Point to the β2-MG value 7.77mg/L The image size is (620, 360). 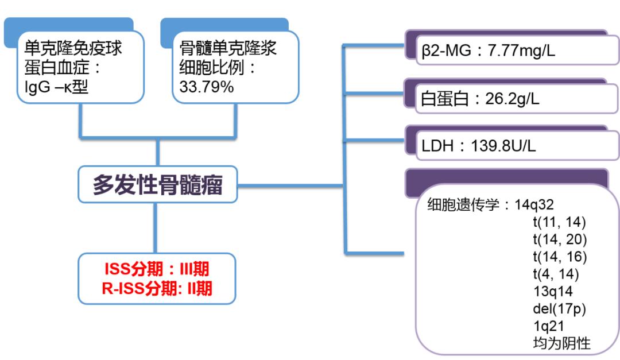click(x=521, y=51)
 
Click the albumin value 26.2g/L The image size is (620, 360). click(x=505, y=99)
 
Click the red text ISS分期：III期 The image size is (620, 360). click(x=157, y=270)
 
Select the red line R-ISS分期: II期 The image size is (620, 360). click(x=157, y=288)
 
